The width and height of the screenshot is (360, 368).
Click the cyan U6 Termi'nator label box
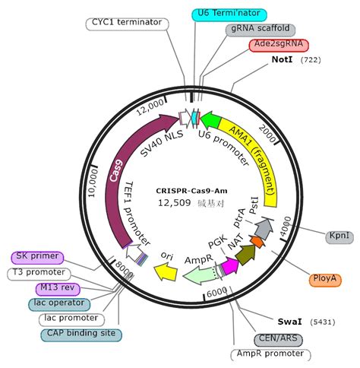[229, 14]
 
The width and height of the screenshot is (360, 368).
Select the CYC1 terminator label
[127, 24]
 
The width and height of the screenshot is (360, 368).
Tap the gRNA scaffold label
[261, 30]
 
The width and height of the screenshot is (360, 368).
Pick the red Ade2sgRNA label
[279, 45]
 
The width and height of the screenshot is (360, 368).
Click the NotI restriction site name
[282, 59]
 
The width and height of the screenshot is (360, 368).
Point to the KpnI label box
[339, 237]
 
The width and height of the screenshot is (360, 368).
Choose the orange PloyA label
[325, 280]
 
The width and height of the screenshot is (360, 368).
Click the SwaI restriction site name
[290, 322]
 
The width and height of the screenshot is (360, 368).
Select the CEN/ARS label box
[278, 340]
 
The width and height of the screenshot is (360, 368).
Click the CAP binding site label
[81, 335]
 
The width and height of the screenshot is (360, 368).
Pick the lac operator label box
[59, 304]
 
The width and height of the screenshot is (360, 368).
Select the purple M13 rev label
[58, 289]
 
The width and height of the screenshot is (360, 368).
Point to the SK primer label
[37, 258]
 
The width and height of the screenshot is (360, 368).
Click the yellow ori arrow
[166, 272]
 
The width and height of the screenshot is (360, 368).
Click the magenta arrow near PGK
[230, 265]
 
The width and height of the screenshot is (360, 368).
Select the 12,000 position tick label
[150, 107]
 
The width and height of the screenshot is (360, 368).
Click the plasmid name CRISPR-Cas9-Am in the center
[191, 191]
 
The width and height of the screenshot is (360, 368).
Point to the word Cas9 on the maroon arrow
[116, 170]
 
